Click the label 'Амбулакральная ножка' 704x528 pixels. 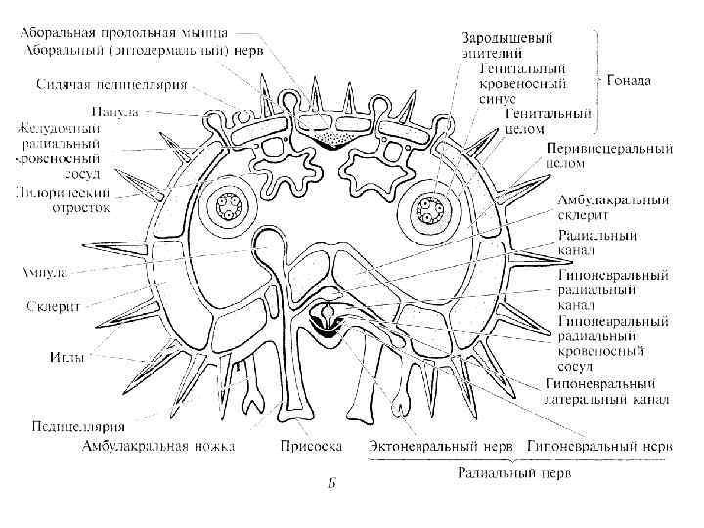[x=159, y=446]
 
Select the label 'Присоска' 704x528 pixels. [x=310, y=446]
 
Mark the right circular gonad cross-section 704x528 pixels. [x=428, y=208]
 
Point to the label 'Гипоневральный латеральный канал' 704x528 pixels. [x=605, y=391]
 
